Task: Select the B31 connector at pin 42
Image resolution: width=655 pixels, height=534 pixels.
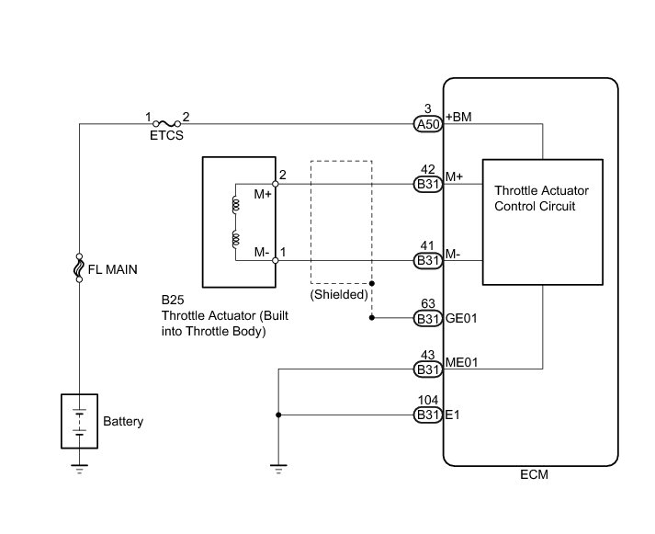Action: point(427,185)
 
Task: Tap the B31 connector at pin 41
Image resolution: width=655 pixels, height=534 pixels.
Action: point(427,261)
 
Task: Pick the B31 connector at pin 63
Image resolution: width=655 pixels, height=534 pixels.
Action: point(427,319)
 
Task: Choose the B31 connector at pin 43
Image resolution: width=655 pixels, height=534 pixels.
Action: point(427,369)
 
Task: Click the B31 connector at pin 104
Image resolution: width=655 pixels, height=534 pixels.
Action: point(427,415)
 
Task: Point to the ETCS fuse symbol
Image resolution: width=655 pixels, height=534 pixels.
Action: point(166,122)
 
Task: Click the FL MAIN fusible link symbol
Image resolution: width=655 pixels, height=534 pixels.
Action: point(79,269)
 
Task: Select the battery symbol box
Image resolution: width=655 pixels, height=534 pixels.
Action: point(79,421)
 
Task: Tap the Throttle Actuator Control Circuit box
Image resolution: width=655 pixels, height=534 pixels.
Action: point(543,222)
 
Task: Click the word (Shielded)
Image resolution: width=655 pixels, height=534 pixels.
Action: point(339,295)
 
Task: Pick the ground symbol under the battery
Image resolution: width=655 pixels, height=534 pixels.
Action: point(79,469)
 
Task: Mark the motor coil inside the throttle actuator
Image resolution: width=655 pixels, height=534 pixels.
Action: point(235,223)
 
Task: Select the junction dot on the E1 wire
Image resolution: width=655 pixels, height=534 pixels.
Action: point(277,415)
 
